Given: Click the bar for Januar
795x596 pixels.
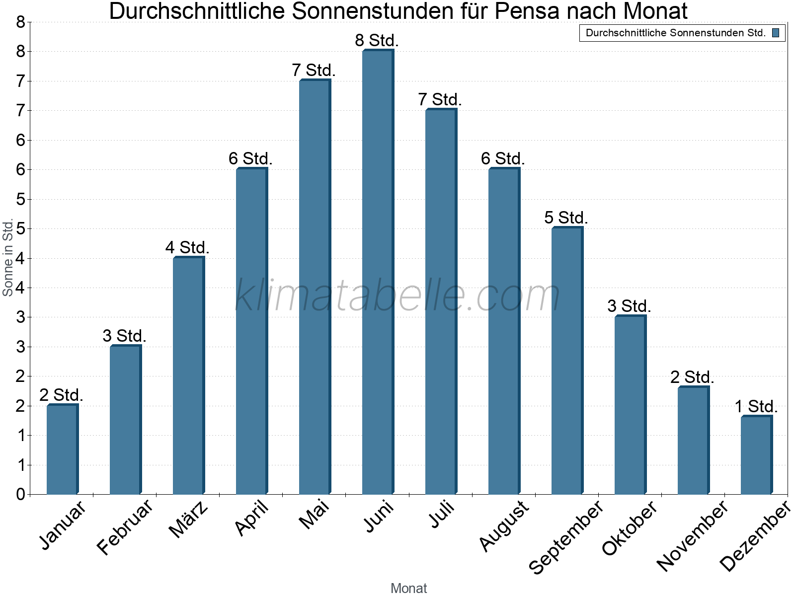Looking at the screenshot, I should point(62,449).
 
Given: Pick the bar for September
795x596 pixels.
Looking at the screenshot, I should point(567,361).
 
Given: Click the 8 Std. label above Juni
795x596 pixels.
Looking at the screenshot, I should point(377,40).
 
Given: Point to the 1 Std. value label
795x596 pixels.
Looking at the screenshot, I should point(756,406).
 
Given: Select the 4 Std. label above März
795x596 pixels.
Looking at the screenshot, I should point(187,247).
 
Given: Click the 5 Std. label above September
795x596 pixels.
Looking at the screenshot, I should point(566,218).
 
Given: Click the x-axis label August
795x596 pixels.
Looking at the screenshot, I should point(504,525).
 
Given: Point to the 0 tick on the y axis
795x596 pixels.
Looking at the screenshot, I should point(20,494).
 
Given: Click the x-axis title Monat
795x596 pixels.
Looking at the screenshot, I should point(408,588).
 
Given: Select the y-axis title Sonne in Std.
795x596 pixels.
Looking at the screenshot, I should point(8,258).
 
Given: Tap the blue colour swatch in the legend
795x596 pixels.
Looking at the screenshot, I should point(776,33).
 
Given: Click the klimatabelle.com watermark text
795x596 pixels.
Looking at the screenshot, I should point(397,295).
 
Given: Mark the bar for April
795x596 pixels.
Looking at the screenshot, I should point(251,331).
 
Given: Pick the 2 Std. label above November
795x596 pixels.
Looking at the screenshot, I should point(692,377).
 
